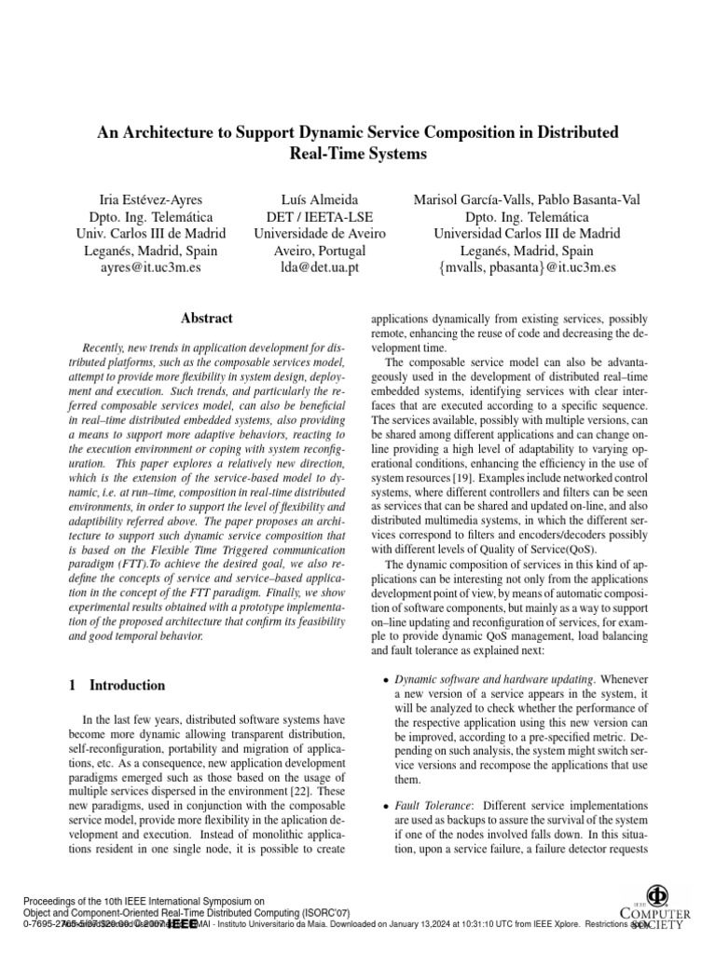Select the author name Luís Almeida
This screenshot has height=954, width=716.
point(320,199)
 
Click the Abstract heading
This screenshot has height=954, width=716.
point(206,319)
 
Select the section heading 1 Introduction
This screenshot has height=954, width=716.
point(117,686)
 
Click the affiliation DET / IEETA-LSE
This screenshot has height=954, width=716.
point(320,217)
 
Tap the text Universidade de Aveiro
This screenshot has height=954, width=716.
point(320,234)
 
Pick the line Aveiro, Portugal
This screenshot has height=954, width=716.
point(320,252)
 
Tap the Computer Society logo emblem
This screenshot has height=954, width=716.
point(663,889)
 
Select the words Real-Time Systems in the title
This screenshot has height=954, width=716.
point(358,152)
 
